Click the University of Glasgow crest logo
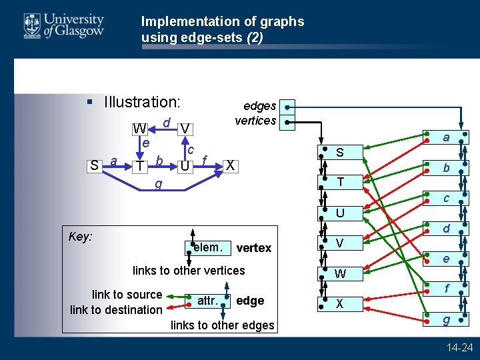pos(31,26)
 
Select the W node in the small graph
pos(139,128)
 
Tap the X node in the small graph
pos(230,165)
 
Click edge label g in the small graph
pos(158,183)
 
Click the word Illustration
pos(142,102)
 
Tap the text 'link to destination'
pos(116,309)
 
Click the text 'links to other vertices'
pos(189,270)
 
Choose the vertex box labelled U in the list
pos(340,213)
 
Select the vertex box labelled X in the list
pos(340,303)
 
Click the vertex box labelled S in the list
pos(340,153)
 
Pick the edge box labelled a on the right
pos(446,137)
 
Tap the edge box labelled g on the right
pos(446,320)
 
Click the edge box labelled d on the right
pos(446,229)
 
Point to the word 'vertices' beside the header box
pos(255,121)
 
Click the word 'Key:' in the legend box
pos(81,237)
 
